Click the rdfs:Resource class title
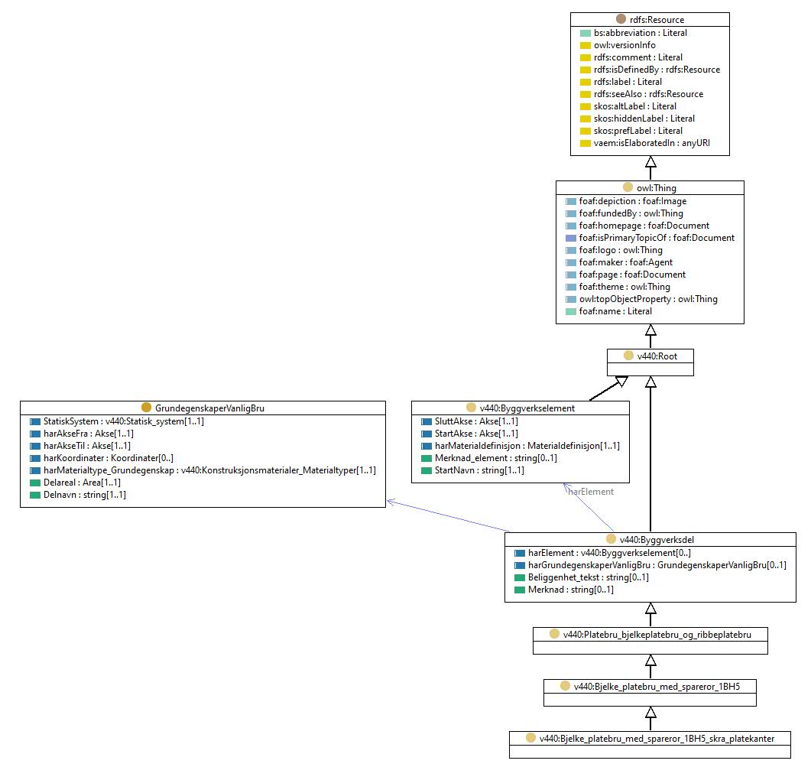point(657,20)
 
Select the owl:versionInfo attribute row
point(624,45)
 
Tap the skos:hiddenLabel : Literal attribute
point(644,119)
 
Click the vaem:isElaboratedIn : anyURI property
point(652,143)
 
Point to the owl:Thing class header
point(657,188)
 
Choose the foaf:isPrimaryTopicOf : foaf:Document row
point(657,238)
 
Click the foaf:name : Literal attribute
point(615,311)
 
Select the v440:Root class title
point(657,356)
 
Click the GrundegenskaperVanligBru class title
point(209,408)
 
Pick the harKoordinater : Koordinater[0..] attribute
point(109,458)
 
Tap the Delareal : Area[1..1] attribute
point(83,483)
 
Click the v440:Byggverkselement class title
point(527,408)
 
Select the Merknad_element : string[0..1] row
point(496,458)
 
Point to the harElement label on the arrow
point(591,492)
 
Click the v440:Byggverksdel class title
point(657,540)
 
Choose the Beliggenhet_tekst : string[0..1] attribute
point(589,577)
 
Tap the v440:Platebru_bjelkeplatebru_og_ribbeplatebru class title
point(657,635)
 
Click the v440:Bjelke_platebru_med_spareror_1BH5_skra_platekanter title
point(657,739)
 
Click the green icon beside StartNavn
point(427,470)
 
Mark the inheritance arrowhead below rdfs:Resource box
point(650,161)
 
